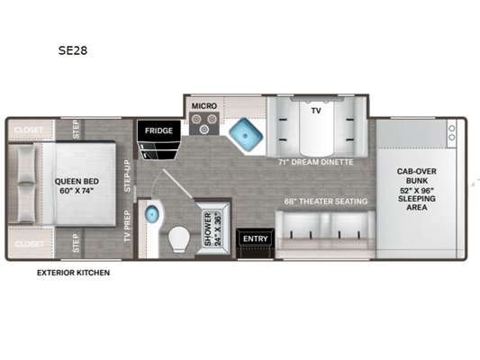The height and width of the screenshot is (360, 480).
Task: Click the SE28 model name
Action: pos(73,50)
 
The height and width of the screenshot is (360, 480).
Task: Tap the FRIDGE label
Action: pos(158,130)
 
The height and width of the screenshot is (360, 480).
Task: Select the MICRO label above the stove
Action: pos(204,106)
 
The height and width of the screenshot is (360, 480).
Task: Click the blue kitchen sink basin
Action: pos(246,135)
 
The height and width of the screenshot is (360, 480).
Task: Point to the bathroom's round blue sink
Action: pos(152,214)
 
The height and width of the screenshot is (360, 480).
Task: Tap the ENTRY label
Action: pos(255,238)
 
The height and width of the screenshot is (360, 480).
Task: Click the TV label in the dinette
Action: pos(316,111)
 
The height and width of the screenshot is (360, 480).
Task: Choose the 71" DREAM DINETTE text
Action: pos(315,162)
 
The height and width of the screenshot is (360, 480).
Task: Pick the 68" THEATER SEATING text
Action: pos(326,202)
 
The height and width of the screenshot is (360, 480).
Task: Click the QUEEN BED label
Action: pos(77,182)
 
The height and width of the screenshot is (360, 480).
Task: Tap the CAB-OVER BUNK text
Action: pos(417,175)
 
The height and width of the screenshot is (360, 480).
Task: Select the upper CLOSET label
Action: pos(29,130)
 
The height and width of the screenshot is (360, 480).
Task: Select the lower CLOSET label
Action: pos(29,244)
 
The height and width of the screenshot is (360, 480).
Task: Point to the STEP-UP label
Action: pos(127,175)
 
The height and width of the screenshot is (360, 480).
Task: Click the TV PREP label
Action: pos(127,226)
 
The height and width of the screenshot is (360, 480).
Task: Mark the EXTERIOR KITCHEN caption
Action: pos(74,273)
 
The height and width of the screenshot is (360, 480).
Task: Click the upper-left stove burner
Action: pos(196,119)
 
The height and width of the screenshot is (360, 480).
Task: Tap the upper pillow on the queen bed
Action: pos(26,164)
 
